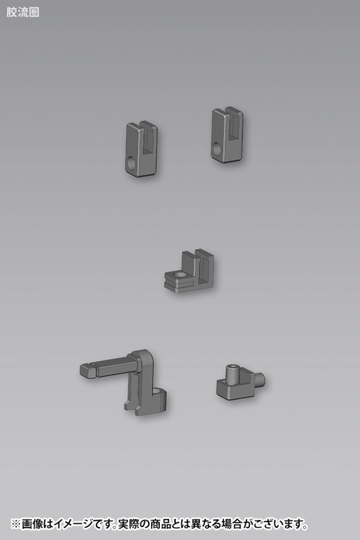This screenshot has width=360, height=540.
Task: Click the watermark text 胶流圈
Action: pos(23,12)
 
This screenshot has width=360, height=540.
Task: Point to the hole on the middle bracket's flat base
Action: pos(180,274)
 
